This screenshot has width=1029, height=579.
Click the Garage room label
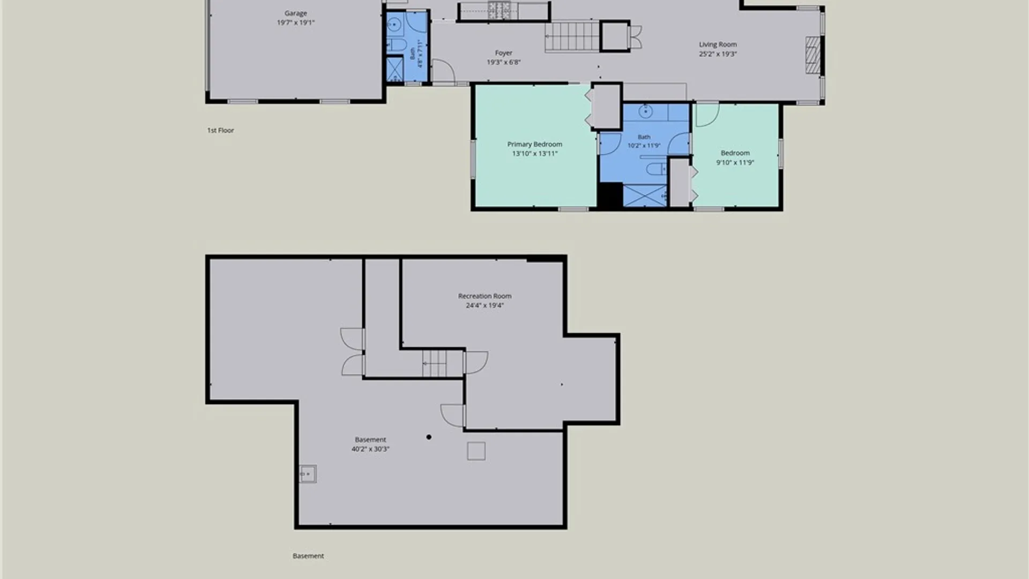(x=295, y=13)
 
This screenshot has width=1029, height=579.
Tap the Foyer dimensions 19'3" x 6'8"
(x=503, y=62)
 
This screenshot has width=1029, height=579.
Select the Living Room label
(x=718, y=44)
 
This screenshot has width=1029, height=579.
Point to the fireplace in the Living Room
(x=813, y=55)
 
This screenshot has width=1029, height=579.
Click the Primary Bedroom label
(x=534, y=144)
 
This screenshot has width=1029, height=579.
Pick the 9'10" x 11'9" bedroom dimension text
(x=735, y=162)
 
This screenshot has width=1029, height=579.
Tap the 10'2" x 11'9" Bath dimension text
(x=644, y=145)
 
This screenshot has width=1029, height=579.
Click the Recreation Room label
(x=484, y=296)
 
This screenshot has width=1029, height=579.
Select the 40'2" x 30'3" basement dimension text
(x=370, y=449)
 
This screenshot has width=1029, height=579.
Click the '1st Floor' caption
(x=220, y=130)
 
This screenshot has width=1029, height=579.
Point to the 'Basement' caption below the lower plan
(x=308, y=556)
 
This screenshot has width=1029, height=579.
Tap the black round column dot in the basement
(x=429, y=437)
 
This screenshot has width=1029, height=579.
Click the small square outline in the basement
(x=476, y=451)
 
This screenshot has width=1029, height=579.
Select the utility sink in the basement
(x=308, y=474)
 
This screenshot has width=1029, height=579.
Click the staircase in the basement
(x=442, y=363)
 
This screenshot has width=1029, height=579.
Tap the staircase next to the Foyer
(x=572, y=36)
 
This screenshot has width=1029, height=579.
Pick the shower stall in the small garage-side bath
(x=395, y=69)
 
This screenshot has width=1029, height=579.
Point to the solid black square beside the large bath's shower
(x=610, y=195)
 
